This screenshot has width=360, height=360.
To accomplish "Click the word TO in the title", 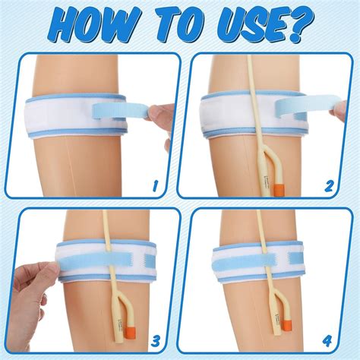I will (171, 27).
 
